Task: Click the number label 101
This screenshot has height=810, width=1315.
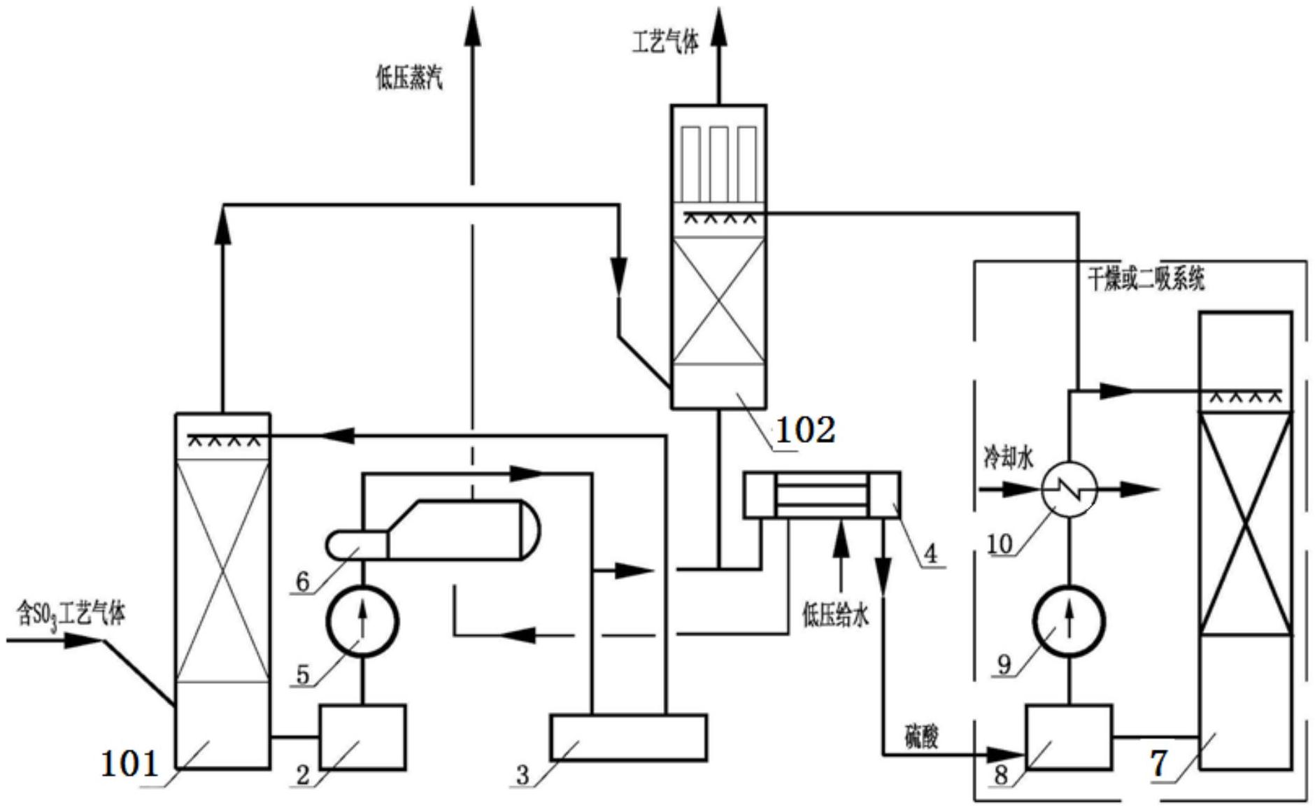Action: point(130,763)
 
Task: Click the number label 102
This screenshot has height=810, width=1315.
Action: point(805,429)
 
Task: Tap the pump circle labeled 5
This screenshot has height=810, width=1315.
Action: point(362,621)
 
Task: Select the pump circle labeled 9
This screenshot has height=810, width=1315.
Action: point(1069,621)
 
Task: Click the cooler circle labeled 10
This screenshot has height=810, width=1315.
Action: point(1069,489)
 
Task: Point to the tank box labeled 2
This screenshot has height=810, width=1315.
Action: point(362,737)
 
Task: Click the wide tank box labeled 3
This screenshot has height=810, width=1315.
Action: point(627,737)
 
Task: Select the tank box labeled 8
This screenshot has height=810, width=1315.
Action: point(1069,737)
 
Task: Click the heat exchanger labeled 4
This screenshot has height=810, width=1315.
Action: point(822,495)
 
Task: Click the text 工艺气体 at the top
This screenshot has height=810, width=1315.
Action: point(665,43)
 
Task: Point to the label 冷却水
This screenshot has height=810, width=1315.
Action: point(1007,460)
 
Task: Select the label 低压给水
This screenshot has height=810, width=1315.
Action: point(835,616)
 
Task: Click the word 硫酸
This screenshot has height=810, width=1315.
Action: point(921,737)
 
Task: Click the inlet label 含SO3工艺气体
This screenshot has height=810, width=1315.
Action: point(71,615)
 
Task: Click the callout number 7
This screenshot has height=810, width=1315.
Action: point(1158,763)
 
